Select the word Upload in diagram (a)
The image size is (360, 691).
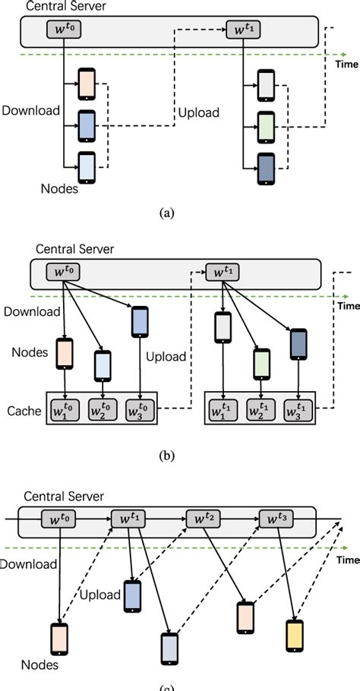199,113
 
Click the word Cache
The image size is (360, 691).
24,410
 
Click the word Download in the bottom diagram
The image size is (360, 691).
28,564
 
